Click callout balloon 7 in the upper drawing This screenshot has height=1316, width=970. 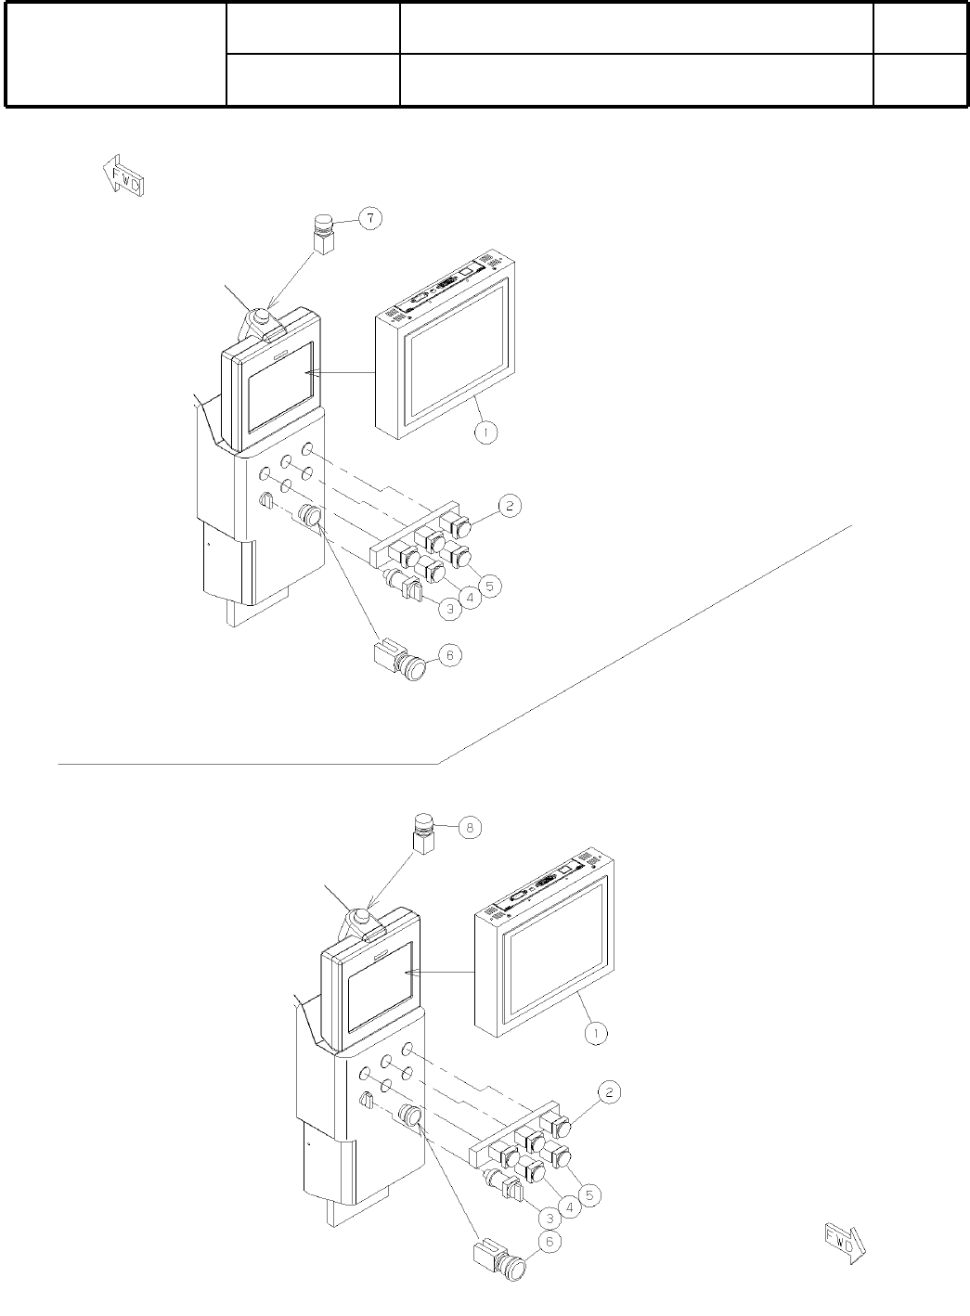[x=369, y=219]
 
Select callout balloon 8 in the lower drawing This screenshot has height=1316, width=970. [x=471, y=828]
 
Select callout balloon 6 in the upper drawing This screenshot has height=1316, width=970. [x=449, y=655]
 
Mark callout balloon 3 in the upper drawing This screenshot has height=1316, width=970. [x=449, y=610]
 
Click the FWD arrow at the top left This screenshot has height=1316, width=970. [x=123, y=177]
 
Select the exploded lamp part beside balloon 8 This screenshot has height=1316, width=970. [x=424, y=833]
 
